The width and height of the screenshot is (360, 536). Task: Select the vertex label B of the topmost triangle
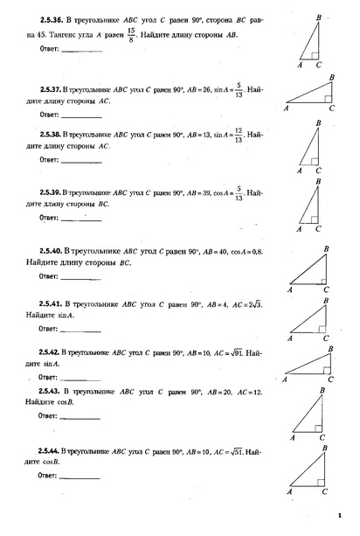pyautogui.click(x=318, y=16)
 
